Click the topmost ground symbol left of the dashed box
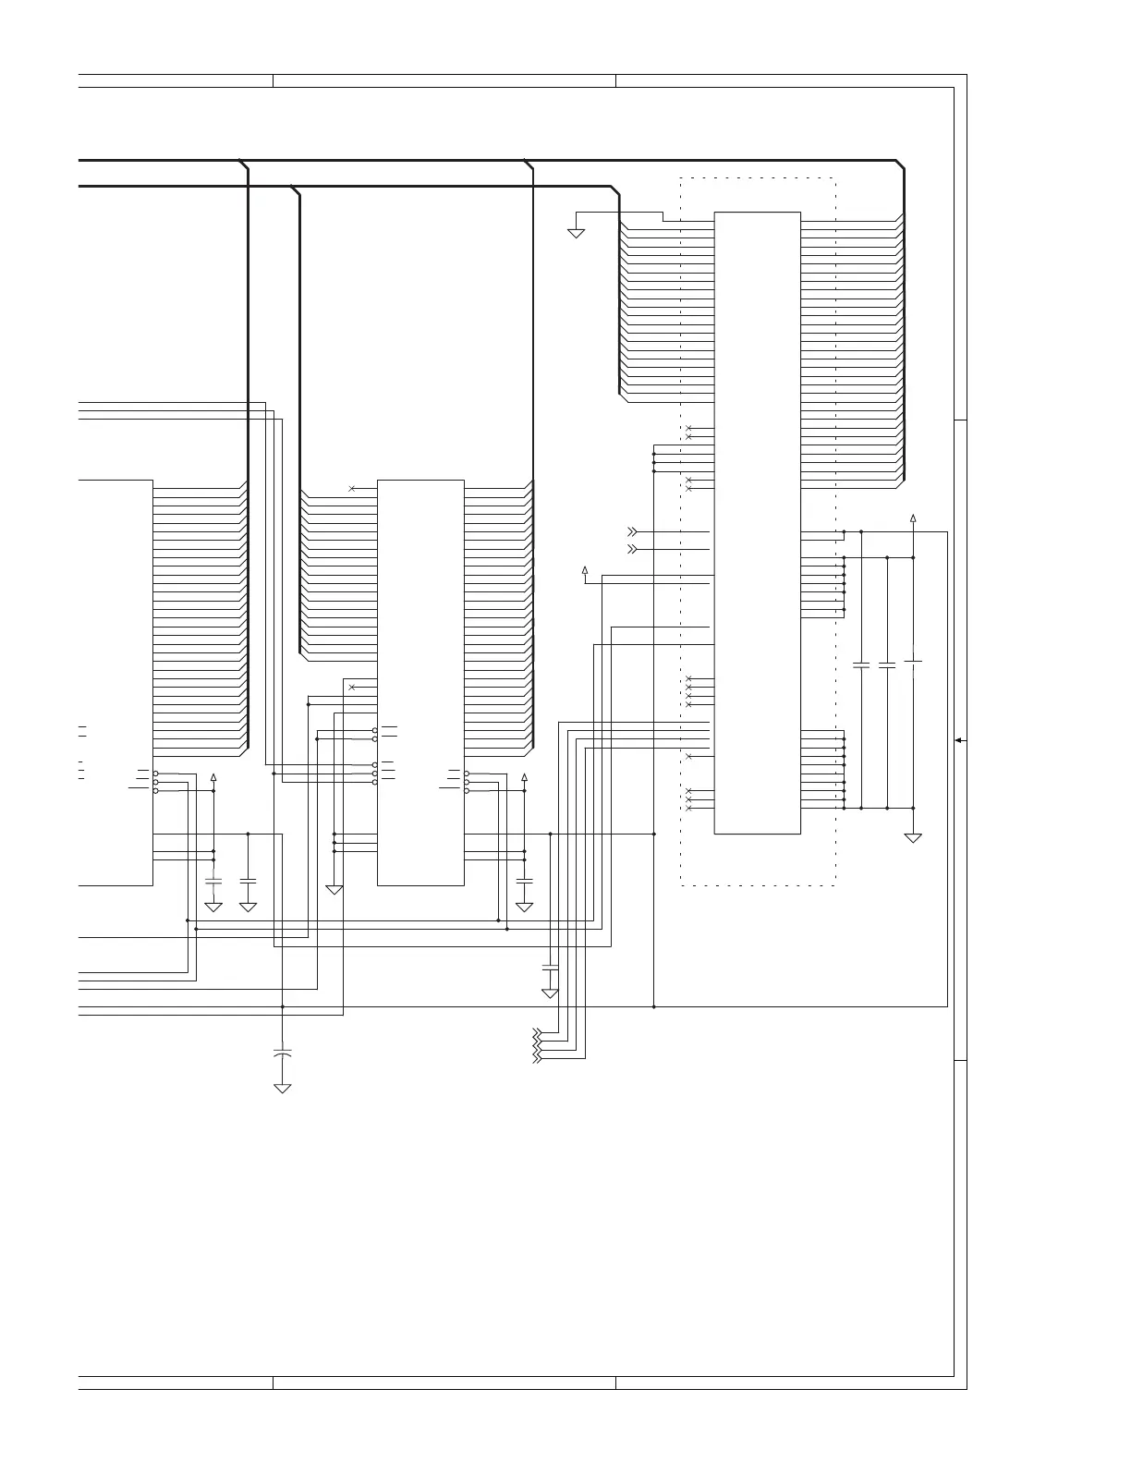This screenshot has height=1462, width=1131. pos(576,233)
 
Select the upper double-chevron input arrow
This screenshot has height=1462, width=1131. pos(632,532)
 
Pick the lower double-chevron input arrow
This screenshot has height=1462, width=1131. pos(632,549)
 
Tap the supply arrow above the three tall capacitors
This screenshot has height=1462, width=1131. pos(913,518)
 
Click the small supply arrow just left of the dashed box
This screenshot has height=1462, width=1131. pos(584,569)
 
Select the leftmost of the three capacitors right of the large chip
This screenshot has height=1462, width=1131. pos(861,664)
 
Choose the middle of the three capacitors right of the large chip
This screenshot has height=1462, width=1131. pos(887,664)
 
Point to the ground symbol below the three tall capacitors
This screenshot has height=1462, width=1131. pos(913,837)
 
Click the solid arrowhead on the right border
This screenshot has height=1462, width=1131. pos(959,740)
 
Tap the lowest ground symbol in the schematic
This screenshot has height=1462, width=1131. pos(283,1088)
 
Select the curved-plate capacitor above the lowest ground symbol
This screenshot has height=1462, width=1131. pos(283,1053)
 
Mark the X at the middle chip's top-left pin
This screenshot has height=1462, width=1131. pos(352,488)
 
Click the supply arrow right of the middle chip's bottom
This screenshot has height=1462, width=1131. pos(524,777)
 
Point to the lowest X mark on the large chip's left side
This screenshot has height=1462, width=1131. pos(689,808)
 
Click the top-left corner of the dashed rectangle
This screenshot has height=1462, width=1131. pos(681,178)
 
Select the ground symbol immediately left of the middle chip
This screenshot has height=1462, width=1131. pos(334,889)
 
